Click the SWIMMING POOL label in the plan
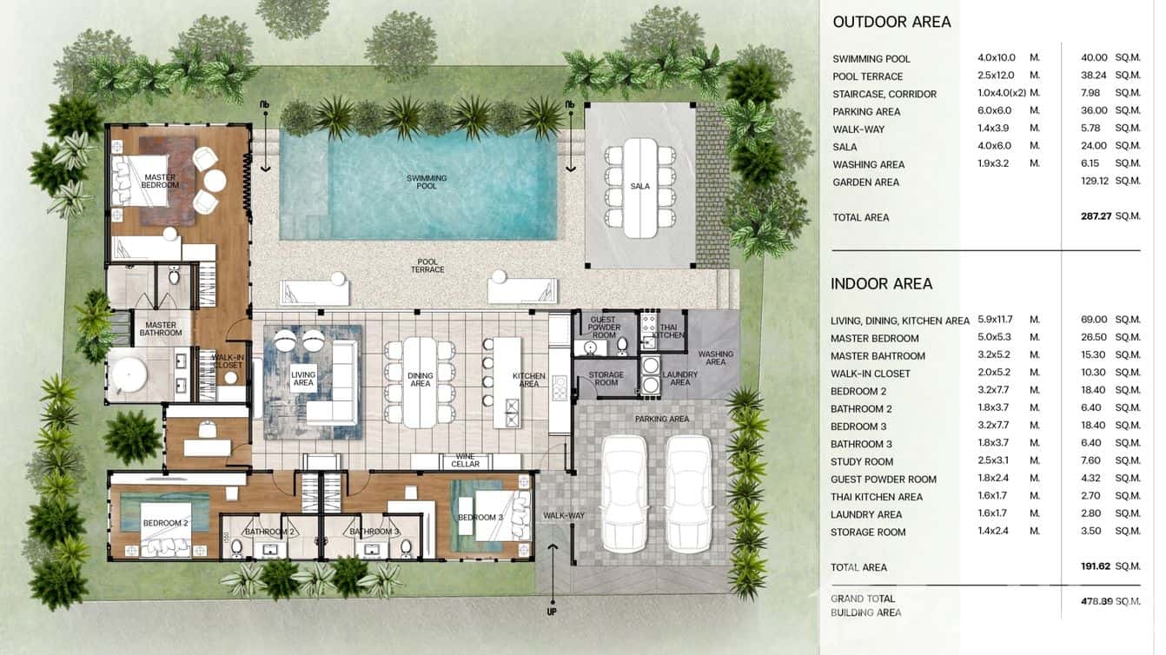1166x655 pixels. [427, 182]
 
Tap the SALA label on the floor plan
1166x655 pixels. [640, 186]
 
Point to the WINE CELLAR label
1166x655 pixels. [466, 460]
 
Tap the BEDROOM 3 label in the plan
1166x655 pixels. [480, 517]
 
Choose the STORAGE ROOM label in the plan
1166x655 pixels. [606, 379]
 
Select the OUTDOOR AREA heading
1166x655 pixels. [891, 23]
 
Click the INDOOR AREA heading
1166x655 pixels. [881, 284]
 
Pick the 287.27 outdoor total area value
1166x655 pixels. [1093, 217]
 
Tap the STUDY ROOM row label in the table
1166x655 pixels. [862, 461]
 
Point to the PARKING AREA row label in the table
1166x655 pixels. [866, 112]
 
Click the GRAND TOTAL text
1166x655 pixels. [863, 599]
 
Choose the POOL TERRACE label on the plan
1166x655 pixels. [427, 265]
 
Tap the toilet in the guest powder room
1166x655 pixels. [622, 347]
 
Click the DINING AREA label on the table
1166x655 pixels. [421, 380]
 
